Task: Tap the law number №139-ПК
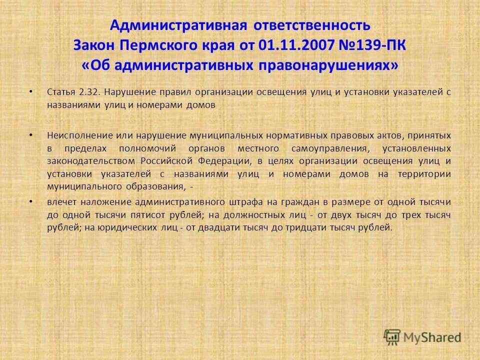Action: pos(369,45)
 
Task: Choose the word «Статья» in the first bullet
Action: pos(60,92)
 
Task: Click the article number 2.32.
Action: pos(89,92)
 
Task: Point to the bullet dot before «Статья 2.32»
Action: pos(31,92)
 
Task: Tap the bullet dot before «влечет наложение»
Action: pos(31,201)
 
